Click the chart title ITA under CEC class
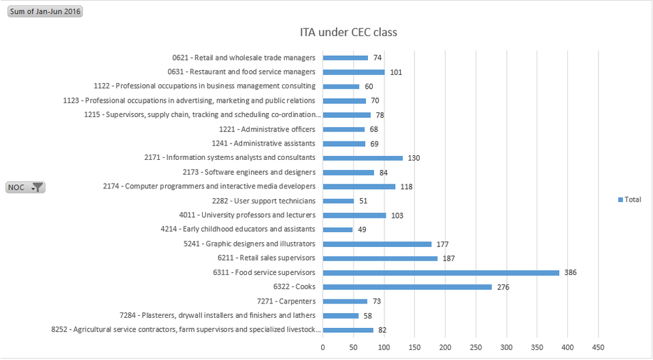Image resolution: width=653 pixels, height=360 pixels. click(348, 32)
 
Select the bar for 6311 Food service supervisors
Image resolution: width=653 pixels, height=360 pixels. click(441, 273)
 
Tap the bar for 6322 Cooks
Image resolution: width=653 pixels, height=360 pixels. click(407, 287)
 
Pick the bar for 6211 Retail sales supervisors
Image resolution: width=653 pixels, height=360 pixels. click(380, 259)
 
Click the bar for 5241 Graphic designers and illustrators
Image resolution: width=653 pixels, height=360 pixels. click(377, 244)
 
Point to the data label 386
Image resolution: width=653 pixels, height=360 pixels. click(570, 273)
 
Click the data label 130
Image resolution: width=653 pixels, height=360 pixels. click(414, 158)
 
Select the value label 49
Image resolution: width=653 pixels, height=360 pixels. click(362, 230)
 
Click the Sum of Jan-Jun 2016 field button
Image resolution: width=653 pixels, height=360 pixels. click(45, 12)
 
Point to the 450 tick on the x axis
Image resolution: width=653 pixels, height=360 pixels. click(598, 347)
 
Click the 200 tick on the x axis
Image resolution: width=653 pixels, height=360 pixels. click(446, 347)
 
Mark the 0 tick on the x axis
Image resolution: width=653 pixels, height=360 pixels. click(323, 347)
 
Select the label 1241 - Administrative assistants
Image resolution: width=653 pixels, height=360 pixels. click(267, 144)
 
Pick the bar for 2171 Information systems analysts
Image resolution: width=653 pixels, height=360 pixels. click(363, 158)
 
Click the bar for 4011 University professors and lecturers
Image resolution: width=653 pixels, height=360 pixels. click(354, 216)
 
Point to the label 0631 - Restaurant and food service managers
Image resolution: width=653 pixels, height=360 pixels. click(241, 71)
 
